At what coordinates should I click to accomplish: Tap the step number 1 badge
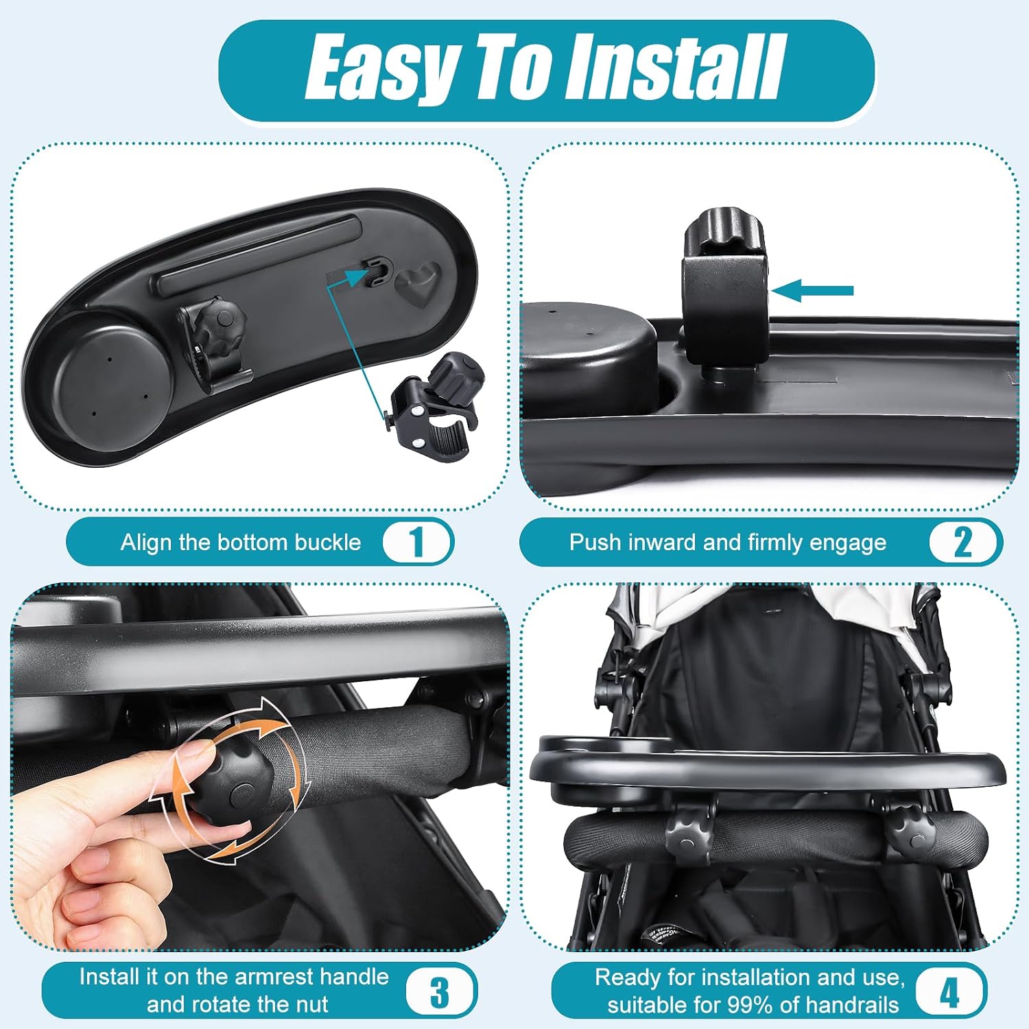(416, 542)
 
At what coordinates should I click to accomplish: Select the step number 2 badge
(963, 542)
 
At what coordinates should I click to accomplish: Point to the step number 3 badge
(440, 991)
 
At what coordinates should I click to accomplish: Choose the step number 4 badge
(950, 991)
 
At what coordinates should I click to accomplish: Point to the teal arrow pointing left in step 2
(812, 290)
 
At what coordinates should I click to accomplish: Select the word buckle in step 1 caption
(327, 542)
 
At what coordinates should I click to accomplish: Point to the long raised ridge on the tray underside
(258, 255)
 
